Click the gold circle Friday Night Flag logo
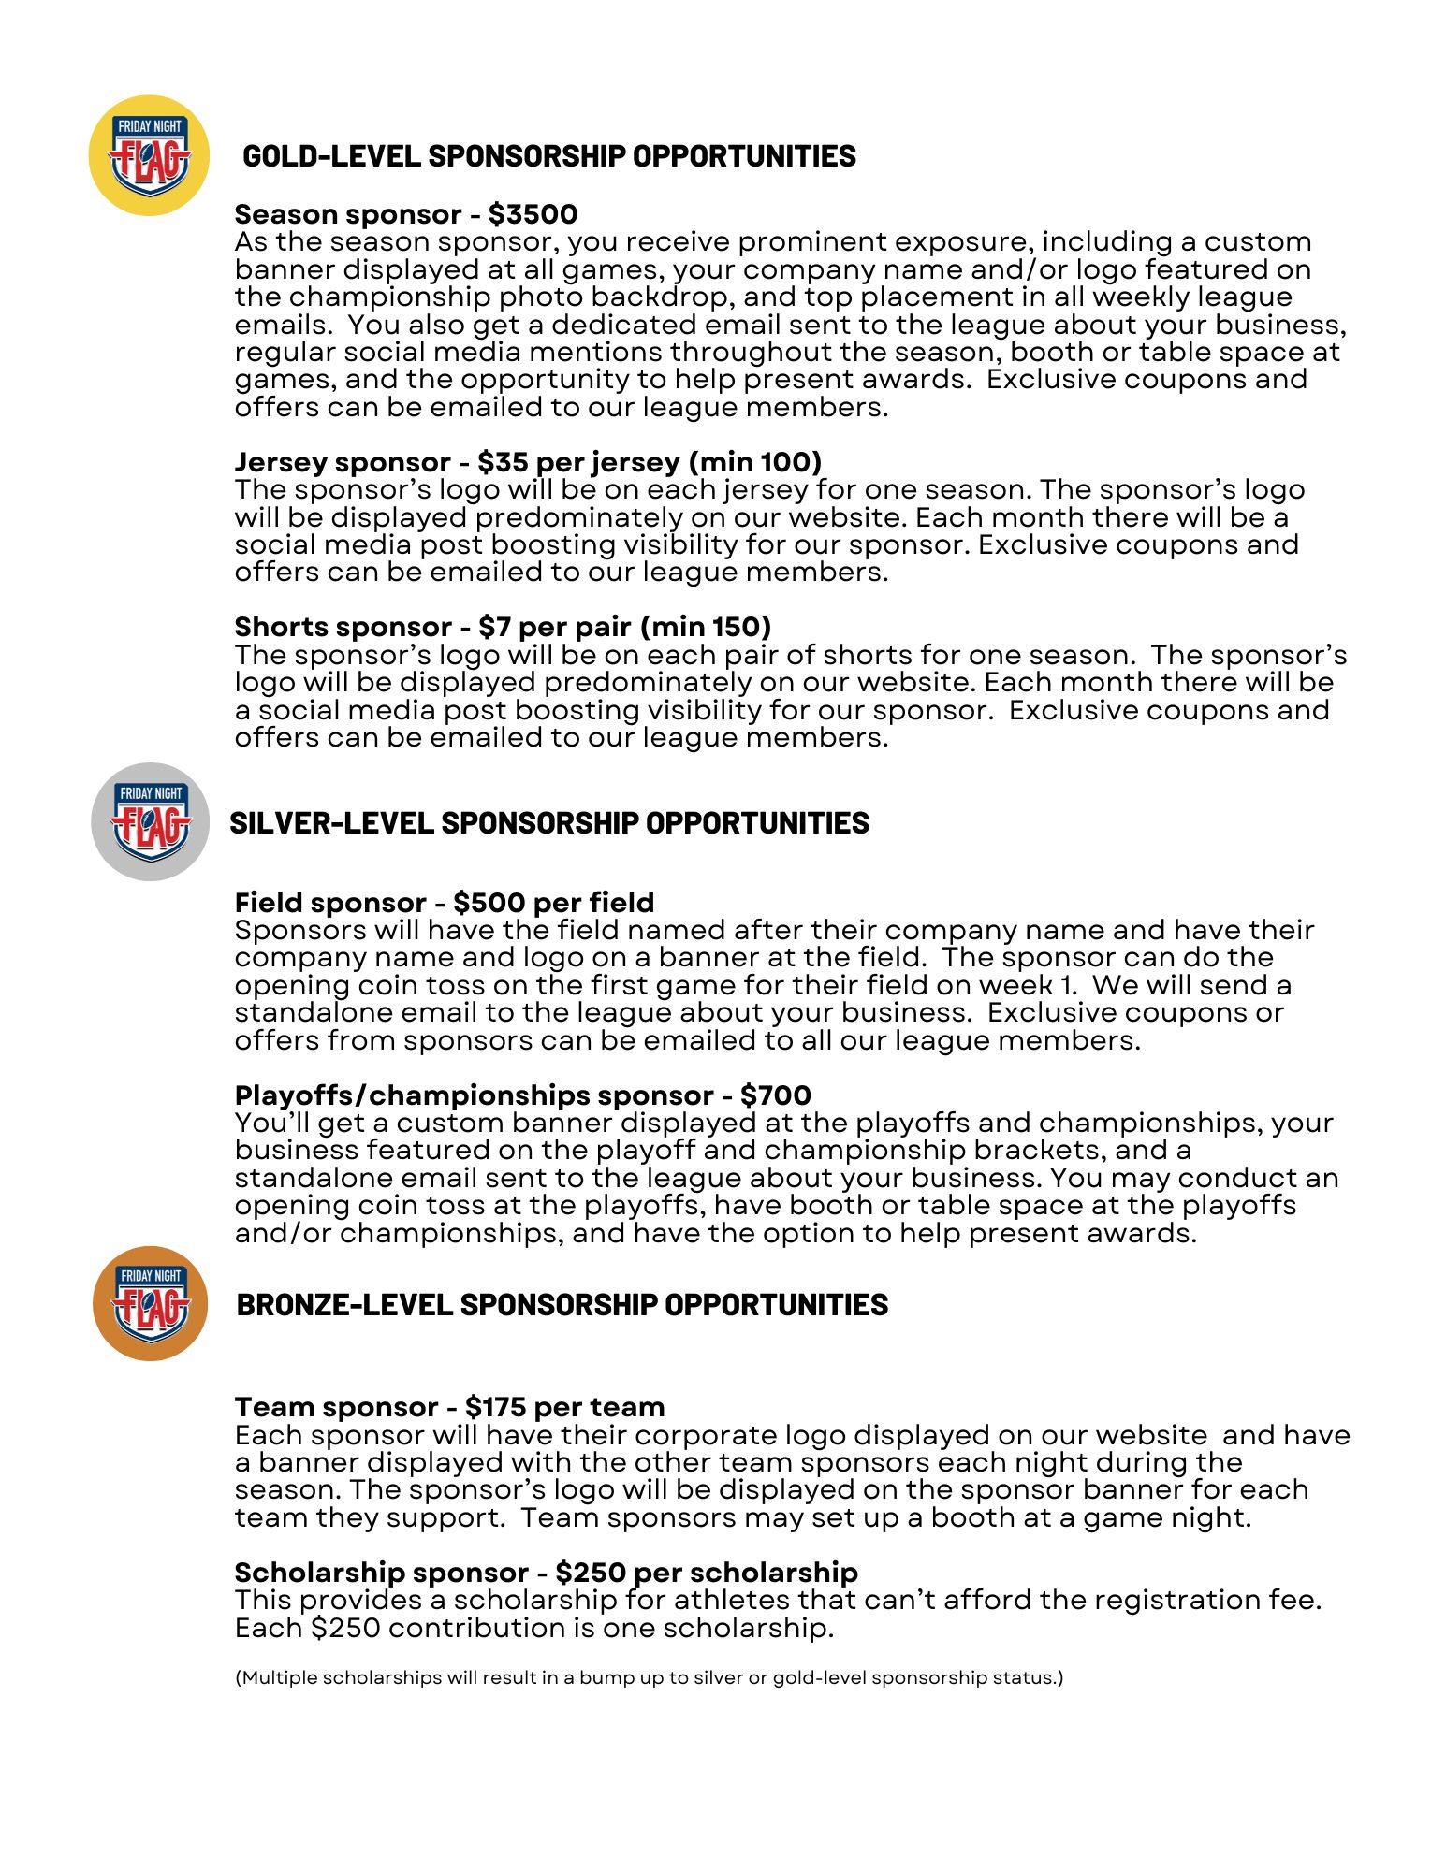149,155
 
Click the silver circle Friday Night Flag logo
150,821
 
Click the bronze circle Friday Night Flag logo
150,1303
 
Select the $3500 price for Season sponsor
533,214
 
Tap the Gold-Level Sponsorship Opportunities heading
548,155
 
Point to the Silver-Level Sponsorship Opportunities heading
548,822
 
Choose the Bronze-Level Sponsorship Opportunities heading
562,1304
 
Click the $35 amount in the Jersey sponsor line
498,462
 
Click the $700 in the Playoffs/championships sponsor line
775,1095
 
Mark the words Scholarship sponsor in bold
381,1573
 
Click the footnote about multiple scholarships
649,1677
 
